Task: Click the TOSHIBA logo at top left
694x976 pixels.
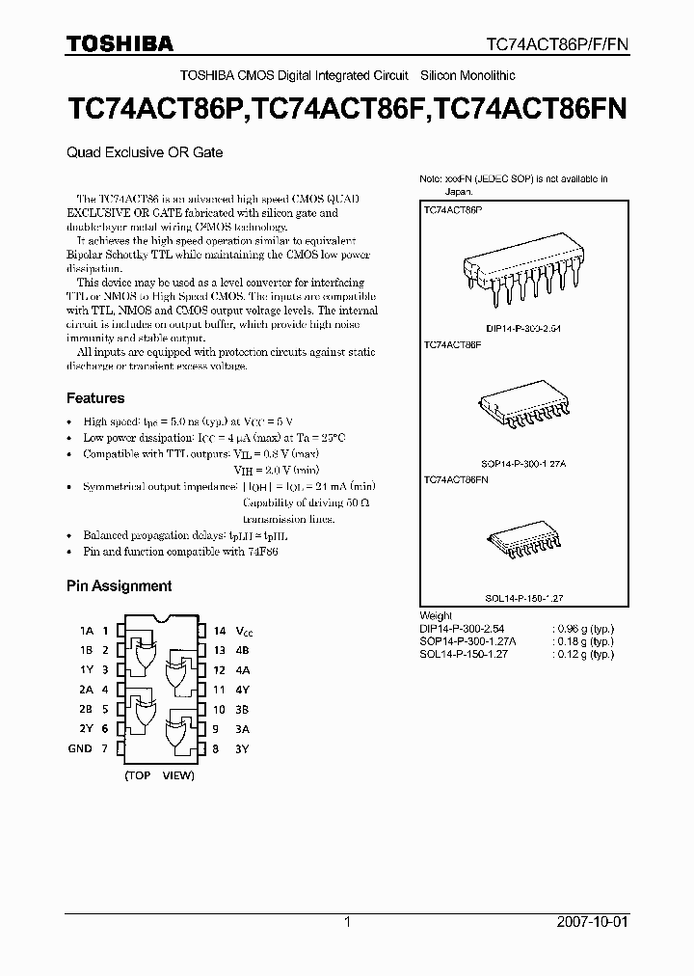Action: coord(120,43)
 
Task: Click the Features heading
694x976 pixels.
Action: coord(94,397)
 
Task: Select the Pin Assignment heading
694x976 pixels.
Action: coord(119,585)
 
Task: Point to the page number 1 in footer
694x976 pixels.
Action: coord(347,922)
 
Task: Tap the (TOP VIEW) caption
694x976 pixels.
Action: coord(158,774)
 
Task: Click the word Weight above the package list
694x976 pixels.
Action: coord(437,616)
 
